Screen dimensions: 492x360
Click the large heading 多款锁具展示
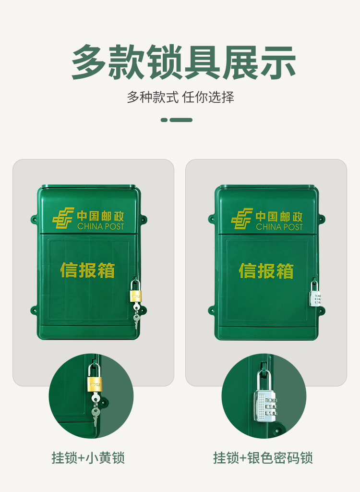(183, 62)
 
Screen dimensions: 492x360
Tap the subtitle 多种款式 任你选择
(180, 98)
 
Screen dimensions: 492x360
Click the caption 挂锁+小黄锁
(88, 457)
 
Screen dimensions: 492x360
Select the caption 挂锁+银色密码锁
(263, 457)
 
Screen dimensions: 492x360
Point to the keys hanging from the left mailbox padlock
(136, 312)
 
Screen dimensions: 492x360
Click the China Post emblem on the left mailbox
(63, 218)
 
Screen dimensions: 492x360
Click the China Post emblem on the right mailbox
(241, 218)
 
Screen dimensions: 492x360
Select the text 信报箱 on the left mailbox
(87, 270)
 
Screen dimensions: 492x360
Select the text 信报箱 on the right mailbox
(266, 271)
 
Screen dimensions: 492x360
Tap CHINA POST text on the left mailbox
(100, 226)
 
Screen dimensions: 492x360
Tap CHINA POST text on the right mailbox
(279, 227)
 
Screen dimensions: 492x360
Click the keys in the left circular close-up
(96, 408)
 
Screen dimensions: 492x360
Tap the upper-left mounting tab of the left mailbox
(34, 220)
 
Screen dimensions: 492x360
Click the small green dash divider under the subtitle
(177, 120)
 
